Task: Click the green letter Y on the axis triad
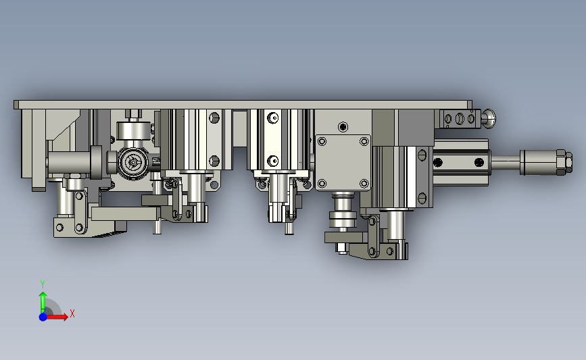point(43,284)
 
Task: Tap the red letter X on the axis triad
point(72,313)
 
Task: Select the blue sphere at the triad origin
point(43,317)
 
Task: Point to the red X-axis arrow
point(56,317)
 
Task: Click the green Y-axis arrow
point(43,302)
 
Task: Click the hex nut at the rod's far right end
point(564,162)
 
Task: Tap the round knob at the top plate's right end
point(489,119)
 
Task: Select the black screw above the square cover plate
point(343,127)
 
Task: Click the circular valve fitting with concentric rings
point(133,163)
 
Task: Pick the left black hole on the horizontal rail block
point(438,163)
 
